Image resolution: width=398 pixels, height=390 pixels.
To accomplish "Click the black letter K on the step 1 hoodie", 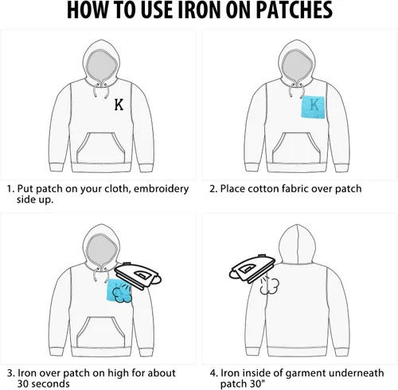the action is (x=119, y=104).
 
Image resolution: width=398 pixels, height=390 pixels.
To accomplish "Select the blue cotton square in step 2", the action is (x=313, y=107).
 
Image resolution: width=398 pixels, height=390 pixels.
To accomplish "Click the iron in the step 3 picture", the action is (x=138, y=275).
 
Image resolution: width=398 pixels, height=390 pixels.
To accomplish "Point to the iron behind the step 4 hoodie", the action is (x=252, y=269).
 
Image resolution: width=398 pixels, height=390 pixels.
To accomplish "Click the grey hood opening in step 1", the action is (x=102, y=66).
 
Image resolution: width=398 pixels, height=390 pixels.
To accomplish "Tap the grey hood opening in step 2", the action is (x=298, y=66).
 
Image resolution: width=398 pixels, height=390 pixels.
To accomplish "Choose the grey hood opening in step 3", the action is (x=102, y=251).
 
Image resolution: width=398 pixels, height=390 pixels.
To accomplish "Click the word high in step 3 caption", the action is (x=118, y=373).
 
